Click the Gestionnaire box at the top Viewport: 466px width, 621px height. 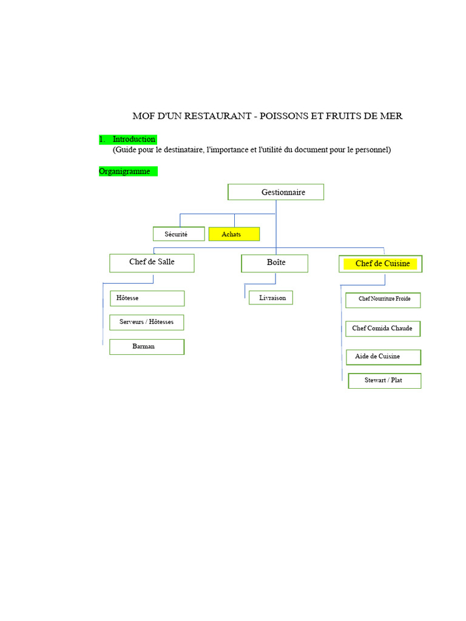coord(276,192)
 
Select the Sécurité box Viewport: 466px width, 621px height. coord(178,234)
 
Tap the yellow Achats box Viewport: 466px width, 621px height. coord(234,234)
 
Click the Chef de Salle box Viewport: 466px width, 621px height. coord(152,263)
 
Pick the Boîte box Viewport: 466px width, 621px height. coord(275,263)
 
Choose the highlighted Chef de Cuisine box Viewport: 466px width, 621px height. coord(380,264)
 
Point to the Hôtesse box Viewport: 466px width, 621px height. coord(147,298)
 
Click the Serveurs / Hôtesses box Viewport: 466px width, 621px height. coord(147,322)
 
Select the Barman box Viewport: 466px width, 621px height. coord(147,347)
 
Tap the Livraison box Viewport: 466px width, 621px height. coord(271,298)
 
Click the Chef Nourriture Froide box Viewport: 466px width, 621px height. coord(383,300)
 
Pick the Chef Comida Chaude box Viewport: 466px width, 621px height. coord(383,329)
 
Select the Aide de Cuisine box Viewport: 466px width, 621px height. coord(383,357)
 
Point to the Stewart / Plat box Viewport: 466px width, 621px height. coord(384,381)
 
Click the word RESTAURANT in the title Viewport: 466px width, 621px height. coord(218,116)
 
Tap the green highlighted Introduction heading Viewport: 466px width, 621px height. coord(133,139)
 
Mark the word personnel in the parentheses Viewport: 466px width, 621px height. coord(371,150)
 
